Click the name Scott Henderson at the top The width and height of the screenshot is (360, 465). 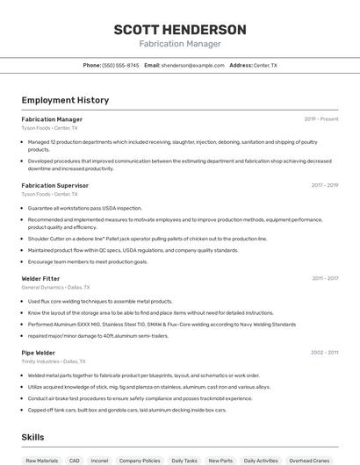pos(180,29)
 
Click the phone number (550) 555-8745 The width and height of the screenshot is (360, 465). pos(120,65)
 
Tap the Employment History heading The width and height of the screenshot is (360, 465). pos(65,100)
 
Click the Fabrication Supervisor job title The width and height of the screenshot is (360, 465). pos(54,185)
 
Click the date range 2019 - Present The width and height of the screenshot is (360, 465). pos(321,119)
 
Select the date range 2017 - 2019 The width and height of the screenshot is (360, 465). pos(324,185)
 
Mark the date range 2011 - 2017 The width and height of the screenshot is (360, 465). pos(325,278)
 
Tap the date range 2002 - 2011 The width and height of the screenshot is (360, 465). pos(324,352)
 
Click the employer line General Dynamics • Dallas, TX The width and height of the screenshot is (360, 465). pos(54,287)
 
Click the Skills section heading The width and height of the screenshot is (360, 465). pos(33,436)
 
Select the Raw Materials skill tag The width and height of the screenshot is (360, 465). pos(42,460)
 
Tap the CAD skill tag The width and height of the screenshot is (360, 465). pos(75,460)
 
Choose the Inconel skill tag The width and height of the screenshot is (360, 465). pos(99,460)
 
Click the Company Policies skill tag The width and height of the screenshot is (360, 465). pos(139,460)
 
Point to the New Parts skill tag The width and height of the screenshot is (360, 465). pos(221,460)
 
